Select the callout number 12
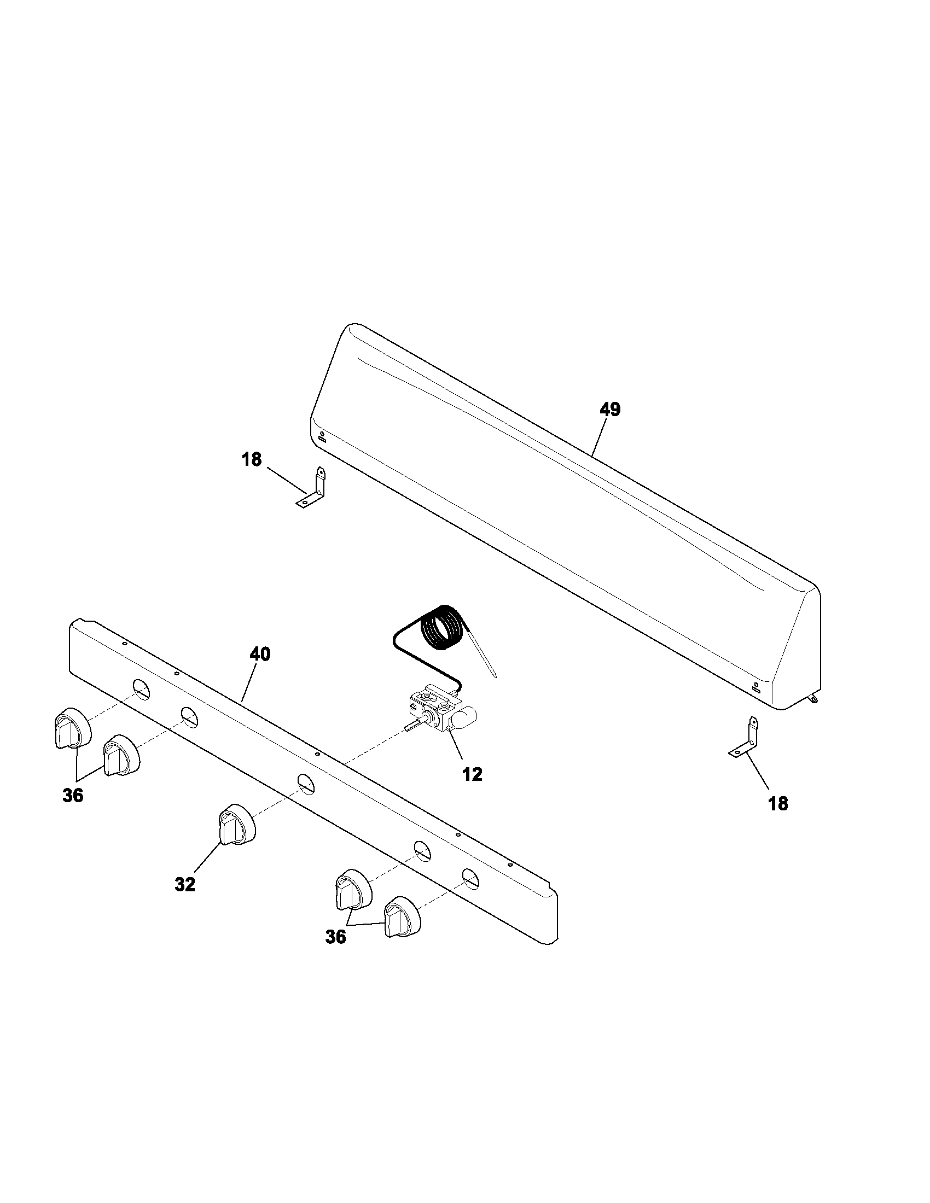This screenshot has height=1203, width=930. [x=473, y=774]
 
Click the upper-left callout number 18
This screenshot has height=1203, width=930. [x=252, y=459]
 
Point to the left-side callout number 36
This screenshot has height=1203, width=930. [x=73, y=795]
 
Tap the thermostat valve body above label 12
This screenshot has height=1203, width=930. [x=435, y=710]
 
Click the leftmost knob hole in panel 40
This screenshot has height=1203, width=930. [x=141, y=689]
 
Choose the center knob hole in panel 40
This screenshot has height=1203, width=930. [x=306, y=783]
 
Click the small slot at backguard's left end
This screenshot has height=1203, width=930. [x=322, y=440]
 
